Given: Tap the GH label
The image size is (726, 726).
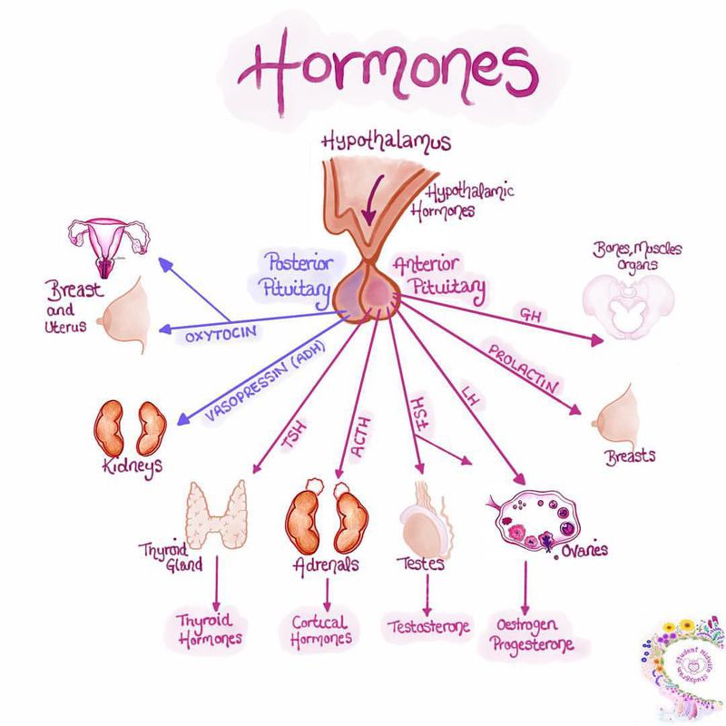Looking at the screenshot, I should coord(527,313).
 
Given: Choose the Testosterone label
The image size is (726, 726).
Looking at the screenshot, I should coord(425,626).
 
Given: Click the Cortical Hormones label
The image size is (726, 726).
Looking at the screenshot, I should coord(321,630).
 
